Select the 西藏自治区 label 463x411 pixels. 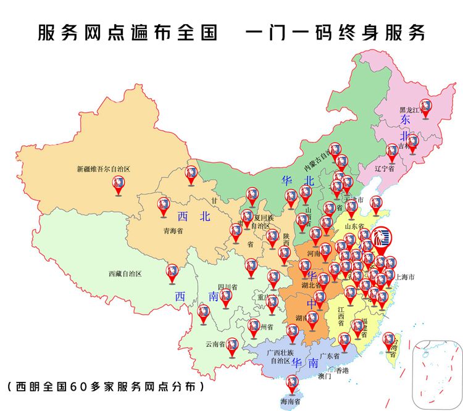pyautogui.click(x=125, y=273)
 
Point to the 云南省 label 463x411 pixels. pyautogui.click(x=216, y=344)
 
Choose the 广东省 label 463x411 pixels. pyautogui.click(x=330, y=356)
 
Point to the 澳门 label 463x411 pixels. pyautogui.click(x=325, y=375)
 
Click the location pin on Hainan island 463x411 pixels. pyautogui.click(x=291, y=384)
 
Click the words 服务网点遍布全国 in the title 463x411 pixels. pyautogui.click(x=127, y=33)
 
